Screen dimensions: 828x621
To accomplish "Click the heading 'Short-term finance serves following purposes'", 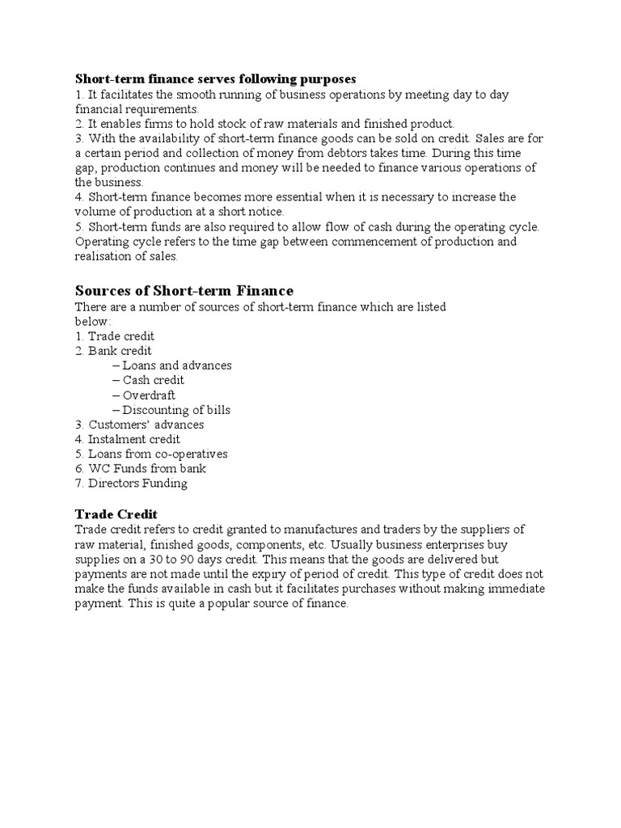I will pyautogui.click(x=215, y=78).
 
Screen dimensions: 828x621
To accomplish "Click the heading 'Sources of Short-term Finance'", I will pyautogui.click(x=184, y=290).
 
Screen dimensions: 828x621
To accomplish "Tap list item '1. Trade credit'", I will pyautogui.click(x=115, y=336).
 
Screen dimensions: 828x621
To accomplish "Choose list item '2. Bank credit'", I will pyautogui.click(x=113, y=350).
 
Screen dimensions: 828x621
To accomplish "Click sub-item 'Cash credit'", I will pyautogui.click(x=154, y=380).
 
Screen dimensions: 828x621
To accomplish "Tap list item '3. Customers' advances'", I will pyautogui.click(x=139, y=425).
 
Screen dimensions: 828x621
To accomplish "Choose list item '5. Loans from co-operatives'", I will pyautogui.click(x=151, y=454).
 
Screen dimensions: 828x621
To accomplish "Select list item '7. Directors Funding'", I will pyautogui.click(x=131, y=484).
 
